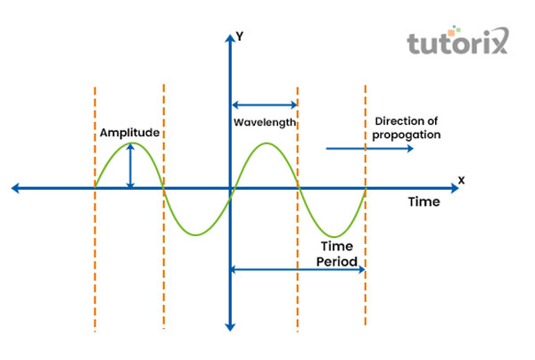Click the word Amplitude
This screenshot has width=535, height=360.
pyautogui.click(x=129, y=132)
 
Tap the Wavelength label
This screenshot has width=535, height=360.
pyautogui.click(x=264, y=122)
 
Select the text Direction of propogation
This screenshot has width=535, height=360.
pyautogui.click(x=407, y=127)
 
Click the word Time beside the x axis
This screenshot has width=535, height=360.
pyautogui.click(x=424, y=202)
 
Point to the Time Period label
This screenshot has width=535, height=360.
pyautogui.click(x=340, y=256)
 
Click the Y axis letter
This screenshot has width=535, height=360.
pyautogui.click(x=240, y=37)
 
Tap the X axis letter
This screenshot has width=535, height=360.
pyautogui.click(x=461, y=180)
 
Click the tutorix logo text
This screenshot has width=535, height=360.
pyautogui.click(x=457, y=44)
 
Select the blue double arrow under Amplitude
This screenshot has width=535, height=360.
pyautogui.click(x=131, y=166)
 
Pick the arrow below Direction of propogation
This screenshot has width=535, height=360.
pyautogui.click(x=369, y=148)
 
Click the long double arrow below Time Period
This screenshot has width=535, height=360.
pyautogui.click(x=298, y=269)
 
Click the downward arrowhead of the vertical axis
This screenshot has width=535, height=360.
pyautogui.click(x=230, y=326)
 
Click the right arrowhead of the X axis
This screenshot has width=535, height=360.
pyautogui.click(x=451, y=188)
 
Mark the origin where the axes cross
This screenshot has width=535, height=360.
pyautogui.click(x=230, y=188)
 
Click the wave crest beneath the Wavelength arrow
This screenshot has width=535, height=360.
pyautogui.click(x=265, y=143)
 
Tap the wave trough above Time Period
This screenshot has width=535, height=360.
pyautogui.click(x=332, y=235)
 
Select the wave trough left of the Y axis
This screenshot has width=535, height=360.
pyautogui.click(x=197, y=234)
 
